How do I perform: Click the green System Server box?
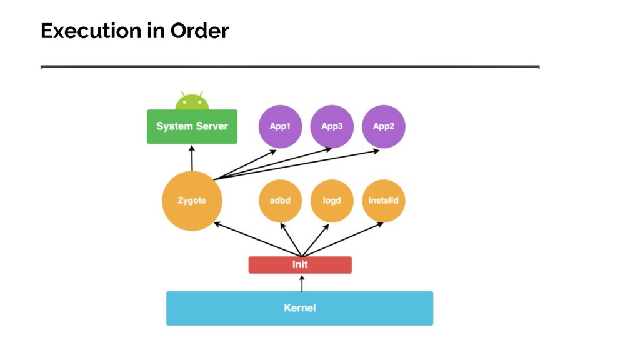(192, 126)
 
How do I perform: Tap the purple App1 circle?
(280, 126)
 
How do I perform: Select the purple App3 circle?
(332, 126)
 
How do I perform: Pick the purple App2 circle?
(384, 126)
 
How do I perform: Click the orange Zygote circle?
(192, 201)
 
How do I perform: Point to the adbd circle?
(280, 201)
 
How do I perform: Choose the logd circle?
(332, 201)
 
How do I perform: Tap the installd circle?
(384, 201)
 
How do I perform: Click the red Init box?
(300, 265)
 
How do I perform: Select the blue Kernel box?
(299, 308)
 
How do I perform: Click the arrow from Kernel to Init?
(302, 284)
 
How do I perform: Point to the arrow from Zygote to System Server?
(192, 158)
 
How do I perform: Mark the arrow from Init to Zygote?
(257, 239)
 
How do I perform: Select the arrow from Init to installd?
(342, 239)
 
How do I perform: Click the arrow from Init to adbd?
(291, 239)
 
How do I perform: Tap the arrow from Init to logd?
(316, 240)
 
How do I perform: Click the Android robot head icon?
(192, 101)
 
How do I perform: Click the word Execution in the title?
(89, 31)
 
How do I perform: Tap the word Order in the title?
(199, 31)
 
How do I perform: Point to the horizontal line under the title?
(290, 66)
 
